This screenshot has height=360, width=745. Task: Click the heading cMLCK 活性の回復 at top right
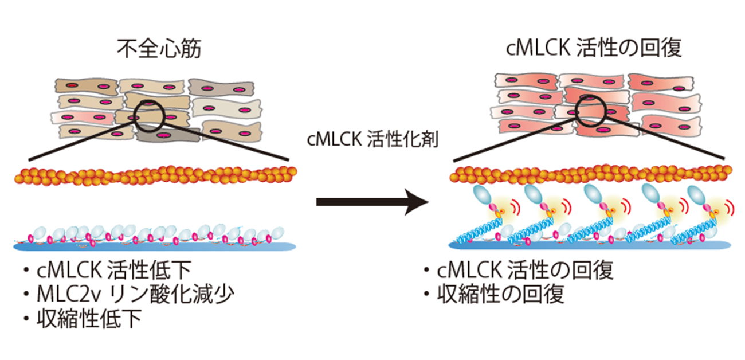pos(594,49)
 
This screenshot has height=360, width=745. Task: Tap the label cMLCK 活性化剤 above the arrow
pos(373,139)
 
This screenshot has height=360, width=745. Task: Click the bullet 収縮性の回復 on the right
pos(499,294)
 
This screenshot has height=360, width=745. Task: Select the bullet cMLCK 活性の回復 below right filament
pos(524,270)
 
